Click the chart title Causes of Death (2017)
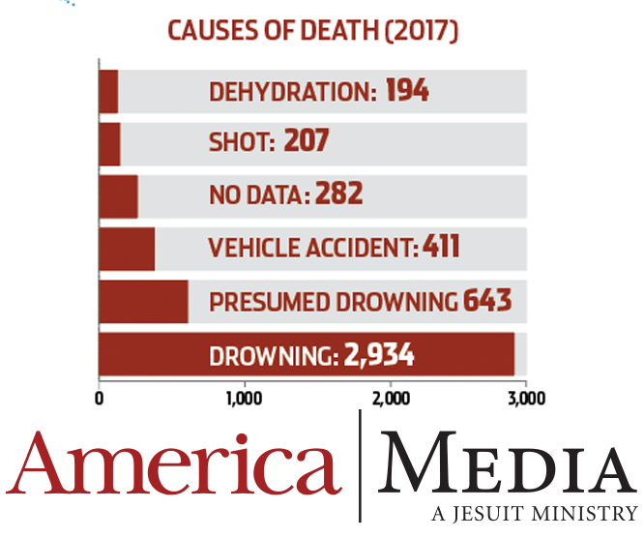[x=313, y=31]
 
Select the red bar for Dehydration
[x=108, y=92]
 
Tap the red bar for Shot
[x=109, y=144]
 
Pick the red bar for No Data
[x=118, y=196]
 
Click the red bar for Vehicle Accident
[x=127, y=249]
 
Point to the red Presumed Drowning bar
[x=143, y=302]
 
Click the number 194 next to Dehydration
[x=407, y=90]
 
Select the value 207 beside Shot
[x=307, y=140]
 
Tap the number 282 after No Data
[x=339, y=193]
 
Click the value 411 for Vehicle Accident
[x=441, y=246]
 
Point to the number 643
[x=487, y=300]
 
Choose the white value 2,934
[x=379, y=355]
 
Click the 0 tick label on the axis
[x=99, y=399]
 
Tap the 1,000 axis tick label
[x=245, y=399]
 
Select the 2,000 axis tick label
[x=391, y=399]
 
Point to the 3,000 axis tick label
[x=527, y=399]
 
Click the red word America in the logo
[x=174, y=463]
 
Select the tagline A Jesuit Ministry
[x=535, y=514]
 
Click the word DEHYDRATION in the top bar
[x=293, y=92]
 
